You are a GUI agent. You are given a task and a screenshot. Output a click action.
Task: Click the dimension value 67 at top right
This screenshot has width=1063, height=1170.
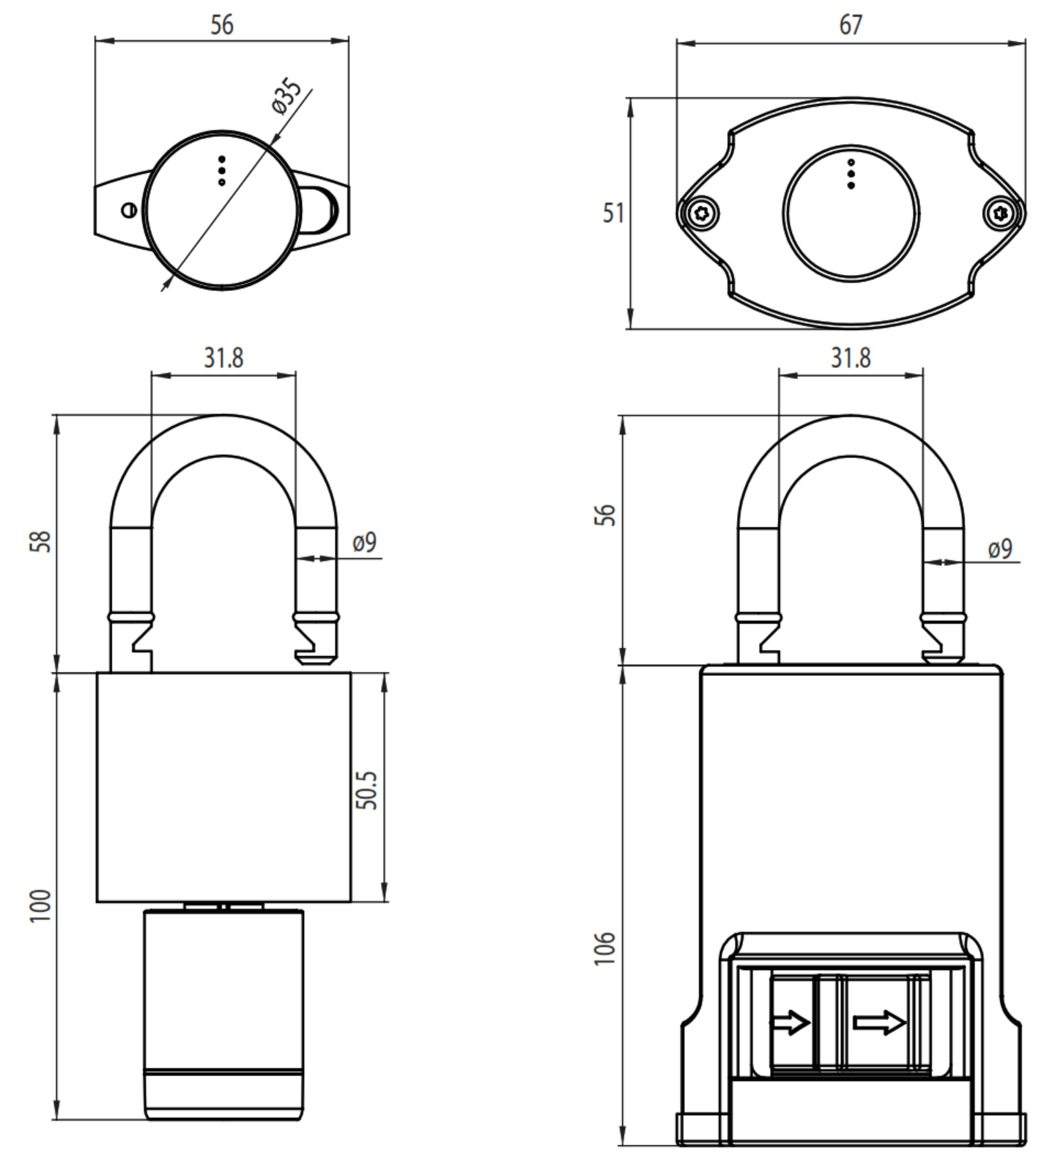coord(851,26)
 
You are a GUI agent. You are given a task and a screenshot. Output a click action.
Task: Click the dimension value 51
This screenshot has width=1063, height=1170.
coord(613,213)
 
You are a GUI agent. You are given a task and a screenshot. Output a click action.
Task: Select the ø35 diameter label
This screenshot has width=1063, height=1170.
coord(287,97)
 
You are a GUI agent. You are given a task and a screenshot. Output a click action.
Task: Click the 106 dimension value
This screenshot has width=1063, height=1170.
coord(605,949)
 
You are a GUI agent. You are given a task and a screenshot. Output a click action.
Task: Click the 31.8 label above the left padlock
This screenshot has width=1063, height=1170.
coord(223,358)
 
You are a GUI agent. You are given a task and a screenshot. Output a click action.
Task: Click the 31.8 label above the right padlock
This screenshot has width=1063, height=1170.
coord(851,358)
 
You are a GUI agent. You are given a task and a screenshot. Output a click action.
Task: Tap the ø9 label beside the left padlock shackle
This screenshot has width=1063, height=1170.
coord(364,542)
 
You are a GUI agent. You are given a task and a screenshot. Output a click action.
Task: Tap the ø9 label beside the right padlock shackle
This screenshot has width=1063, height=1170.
coord(999,548)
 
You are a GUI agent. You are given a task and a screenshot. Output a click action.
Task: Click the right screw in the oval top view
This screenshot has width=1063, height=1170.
coord(1001,213)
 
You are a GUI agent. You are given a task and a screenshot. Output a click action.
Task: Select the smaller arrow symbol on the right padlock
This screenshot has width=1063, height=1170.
coord(790,1023)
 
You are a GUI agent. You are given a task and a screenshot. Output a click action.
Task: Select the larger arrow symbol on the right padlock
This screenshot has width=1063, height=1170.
coord(879,1023)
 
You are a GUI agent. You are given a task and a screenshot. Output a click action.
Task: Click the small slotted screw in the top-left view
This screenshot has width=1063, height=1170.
coord(129,210)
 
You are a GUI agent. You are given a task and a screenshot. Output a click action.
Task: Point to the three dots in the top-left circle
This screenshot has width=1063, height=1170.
coord(222,170)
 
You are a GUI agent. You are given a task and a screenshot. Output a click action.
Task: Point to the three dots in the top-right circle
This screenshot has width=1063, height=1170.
coord(851,174)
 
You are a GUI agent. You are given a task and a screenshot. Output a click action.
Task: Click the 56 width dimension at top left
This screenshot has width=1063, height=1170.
coord(222,25)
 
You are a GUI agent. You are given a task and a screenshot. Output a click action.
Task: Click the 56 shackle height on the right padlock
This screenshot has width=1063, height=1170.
coord(605,515)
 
